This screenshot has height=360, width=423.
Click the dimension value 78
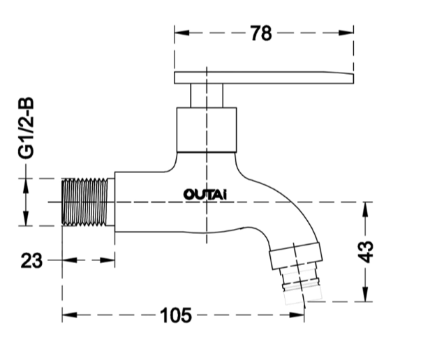tap(261, 33)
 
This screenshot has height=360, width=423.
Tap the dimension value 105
tap(176, 315)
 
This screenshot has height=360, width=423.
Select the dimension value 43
tap(366, 252)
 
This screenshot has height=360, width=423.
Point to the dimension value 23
tap(31, 260)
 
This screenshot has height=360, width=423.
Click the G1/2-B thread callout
tap(26, 128)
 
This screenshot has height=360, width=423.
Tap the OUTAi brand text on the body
tap(205, 195)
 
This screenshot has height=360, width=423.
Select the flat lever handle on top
tap(264, 77)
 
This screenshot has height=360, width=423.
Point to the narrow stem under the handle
tap(207, 96)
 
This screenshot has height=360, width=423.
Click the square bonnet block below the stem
tap(207, 130)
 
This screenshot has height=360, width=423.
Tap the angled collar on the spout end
tap(296, 255)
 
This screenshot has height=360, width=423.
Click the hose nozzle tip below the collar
tap(302, 285)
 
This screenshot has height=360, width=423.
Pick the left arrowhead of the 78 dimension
tap(181, 33)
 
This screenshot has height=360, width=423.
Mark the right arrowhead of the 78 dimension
tap(346, 33)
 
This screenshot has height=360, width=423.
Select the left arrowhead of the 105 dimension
tap(69, 315)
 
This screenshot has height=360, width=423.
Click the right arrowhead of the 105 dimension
tap(297, 315)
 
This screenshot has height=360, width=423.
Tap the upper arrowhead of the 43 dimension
tap(366, 209)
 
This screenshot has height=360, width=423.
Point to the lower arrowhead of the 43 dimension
tap(366, 294)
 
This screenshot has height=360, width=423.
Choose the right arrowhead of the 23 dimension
tap(107, 260)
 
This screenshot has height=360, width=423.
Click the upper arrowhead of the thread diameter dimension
tap(26, 186)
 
